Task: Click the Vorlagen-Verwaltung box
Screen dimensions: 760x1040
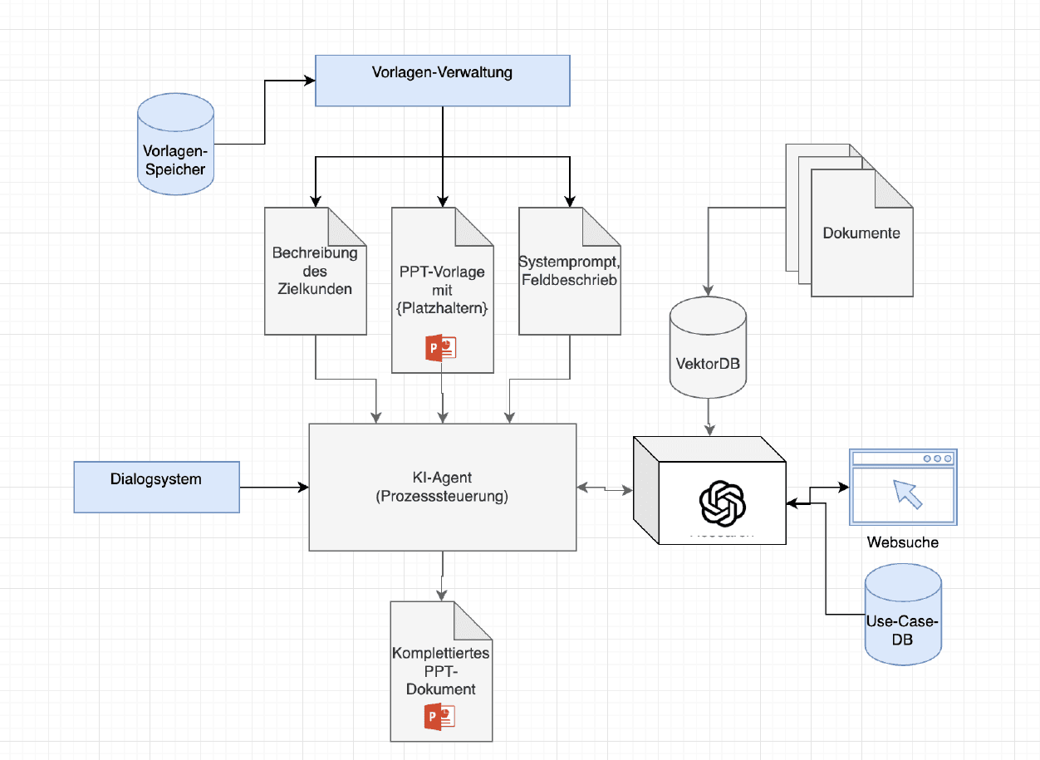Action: pyautogui.click(x=443, y=81)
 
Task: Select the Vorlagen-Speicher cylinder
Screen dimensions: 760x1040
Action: pyautogui.click(x=175, y=145)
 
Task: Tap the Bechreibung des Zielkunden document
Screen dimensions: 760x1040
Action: pyautogui.click(x=315, y=272)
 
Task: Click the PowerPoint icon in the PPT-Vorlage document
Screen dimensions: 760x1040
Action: pyautogui.click(x=441, y=348)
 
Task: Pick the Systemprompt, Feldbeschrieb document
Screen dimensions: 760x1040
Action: pyautogui.click(x=569, y=272)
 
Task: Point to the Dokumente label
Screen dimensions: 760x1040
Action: pyautogui.click(x=861, y=233)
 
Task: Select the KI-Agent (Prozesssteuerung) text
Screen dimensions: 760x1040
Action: pyautogui.click(x=442, y=488)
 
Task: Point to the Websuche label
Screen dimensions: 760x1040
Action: pyautogui.click(x=903, y=542)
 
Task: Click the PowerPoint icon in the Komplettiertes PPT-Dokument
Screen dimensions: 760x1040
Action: pyautogui.click(x=441, y=717)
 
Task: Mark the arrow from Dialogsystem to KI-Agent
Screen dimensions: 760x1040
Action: pyautogui.click(x=274, y=487)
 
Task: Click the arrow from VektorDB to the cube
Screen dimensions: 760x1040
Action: pyautogui.click(x=708, y=413)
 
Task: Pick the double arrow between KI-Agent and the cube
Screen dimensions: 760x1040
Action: pyautogui.click(x=604, y=488)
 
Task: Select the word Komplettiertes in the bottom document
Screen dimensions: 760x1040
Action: pyautogui.click(x=440, y=655)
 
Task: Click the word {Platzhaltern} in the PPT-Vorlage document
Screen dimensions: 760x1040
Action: pyautogui.click(x=442, y=308)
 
